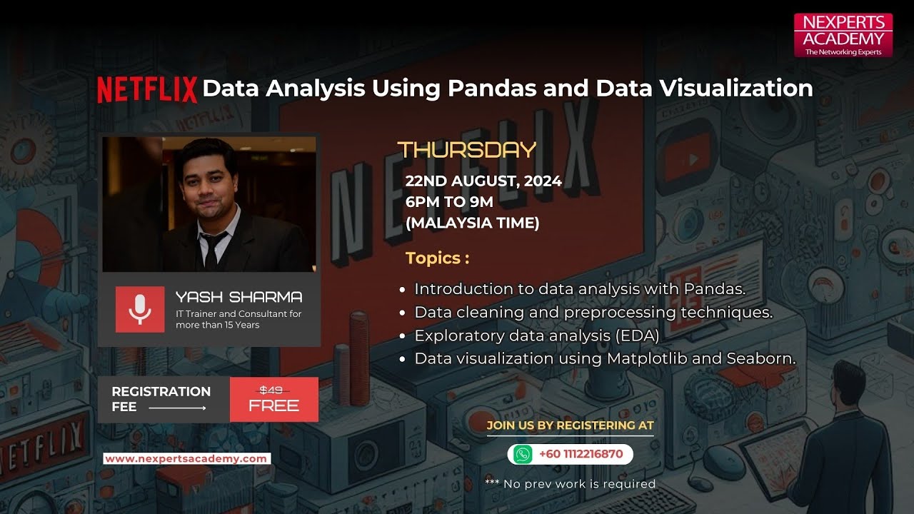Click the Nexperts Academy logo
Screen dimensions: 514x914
(843, 34)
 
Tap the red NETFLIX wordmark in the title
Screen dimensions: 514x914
(147, 89)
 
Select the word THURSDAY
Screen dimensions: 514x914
(466, 149)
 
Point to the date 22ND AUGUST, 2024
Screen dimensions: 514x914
(483, 181)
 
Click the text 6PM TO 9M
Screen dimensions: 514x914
(449, 202)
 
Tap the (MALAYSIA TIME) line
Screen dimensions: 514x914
(472, 223)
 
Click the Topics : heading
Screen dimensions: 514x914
(438, 258)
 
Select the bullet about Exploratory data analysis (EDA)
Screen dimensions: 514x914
(536, 336)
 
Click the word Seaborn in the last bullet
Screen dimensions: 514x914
(760, 358)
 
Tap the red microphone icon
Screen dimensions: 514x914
(139, 308)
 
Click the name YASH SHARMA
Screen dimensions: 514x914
(238, 297)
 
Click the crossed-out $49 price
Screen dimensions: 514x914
(271, 390)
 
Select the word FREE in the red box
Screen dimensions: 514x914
(273, 406)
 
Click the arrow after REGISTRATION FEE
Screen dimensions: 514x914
(177, 408)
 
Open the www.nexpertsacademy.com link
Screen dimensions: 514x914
(186, 459)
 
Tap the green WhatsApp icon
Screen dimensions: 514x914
(523, 454)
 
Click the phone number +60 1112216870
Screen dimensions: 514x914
(581, 454)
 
